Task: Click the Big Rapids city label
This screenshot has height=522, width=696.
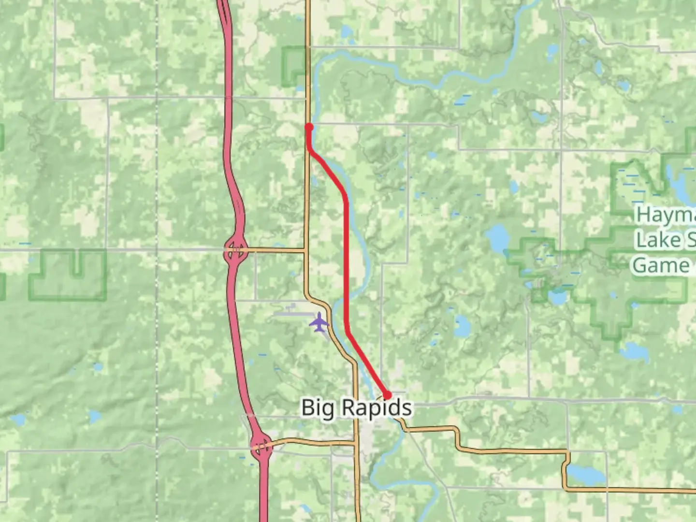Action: click(357, 407)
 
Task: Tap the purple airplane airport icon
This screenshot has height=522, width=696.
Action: click(319, 322)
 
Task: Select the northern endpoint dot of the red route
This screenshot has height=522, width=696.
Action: click(309, 127)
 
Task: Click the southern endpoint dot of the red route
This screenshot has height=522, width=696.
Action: click(387, 395)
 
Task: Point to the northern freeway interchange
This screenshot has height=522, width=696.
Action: click(235, 250)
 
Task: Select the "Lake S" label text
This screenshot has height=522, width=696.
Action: click(665, 240)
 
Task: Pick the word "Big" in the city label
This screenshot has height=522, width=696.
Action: click(318, 407)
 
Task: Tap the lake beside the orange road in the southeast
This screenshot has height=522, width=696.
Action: click(585, 475)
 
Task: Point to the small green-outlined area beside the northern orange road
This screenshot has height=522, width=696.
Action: click(294, 67)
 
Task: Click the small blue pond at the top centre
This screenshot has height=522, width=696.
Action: click(347, 32)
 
